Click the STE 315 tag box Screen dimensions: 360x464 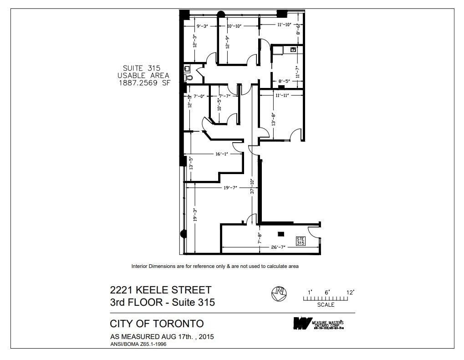point(300,242)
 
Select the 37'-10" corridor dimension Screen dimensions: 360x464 point(252,187)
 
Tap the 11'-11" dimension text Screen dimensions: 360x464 point(282,96)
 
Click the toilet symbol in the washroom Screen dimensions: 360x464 point(189,78)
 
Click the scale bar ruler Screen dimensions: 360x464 point(326,298)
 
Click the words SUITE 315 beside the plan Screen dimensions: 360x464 point(142,68)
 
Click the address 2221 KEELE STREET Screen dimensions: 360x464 point(161,290)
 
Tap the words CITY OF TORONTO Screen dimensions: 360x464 point(157,324)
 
